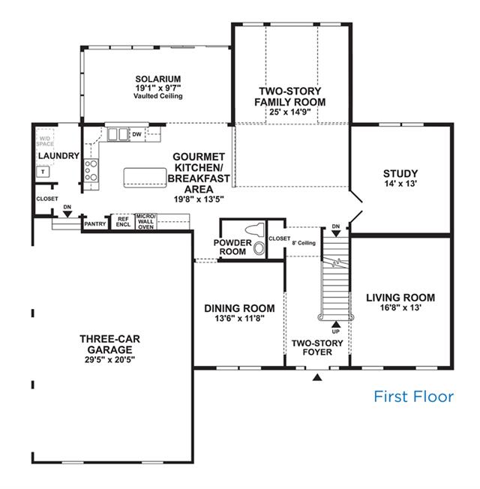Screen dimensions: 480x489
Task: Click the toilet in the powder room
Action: (x=254, y=229)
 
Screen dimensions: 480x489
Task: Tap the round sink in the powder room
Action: (x=259, y=248)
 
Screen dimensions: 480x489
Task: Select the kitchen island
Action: (x=145, y=178)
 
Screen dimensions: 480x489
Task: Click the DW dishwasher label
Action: (x=137, y=134)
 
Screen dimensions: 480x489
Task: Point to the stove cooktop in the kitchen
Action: (x=91, y=170)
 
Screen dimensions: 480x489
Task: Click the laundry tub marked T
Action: (x=43, y=172)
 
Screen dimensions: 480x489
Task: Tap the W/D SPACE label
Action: (x=45, y=141)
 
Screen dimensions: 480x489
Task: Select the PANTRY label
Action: (x=95, y=224)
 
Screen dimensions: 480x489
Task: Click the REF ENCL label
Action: (x=123, y=222)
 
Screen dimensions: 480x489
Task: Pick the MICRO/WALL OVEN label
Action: (x=146, y=222)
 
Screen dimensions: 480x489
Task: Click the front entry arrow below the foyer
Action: (x=317, y=378)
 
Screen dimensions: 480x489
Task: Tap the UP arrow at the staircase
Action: (x=336, y=325)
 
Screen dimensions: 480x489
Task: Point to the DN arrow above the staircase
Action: (x=336, y=233)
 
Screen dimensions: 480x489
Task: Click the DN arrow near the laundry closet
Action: (x=67, y=214)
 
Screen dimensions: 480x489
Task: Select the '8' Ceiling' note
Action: (x=304, y=243)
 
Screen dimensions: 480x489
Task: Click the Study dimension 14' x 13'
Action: (x=400, y=183)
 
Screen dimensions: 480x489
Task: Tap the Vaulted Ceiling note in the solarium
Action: (x=158, y=96)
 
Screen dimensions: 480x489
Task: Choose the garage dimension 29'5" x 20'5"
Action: (x=109, y=359)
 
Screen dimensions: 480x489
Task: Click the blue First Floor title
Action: (x=413, y=397)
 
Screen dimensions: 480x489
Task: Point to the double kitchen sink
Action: (x=118, y=134)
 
